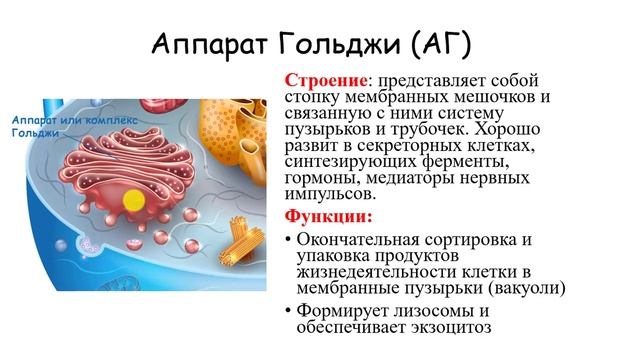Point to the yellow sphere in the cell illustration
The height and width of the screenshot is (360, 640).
pyautogui.click(x=131, y=199)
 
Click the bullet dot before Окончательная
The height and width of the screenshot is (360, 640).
pyautogui.click(x=289, y=241)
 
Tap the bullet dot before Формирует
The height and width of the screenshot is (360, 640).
pyautogui.click(x=289, y=311)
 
